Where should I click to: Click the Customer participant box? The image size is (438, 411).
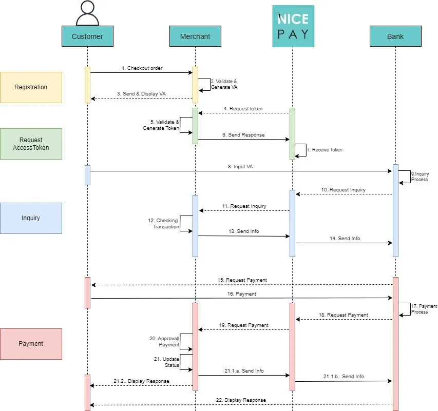click(x=87, y=36)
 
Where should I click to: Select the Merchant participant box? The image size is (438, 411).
click(x=195, y=36)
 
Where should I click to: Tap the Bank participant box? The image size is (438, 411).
click(x=395, y=36)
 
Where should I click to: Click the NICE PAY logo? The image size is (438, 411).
click(x=293, y=26)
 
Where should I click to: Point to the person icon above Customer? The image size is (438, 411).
click(x=87, y=13)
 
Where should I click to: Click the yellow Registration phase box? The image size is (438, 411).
click(x=31, y=87)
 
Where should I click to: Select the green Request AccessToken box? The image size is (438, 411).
click(x=31, y=144)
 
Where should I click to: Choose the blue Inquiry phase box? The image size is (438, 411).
click(x=31, y=218)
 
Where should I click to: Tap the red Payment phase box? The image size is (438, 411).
click(x=31, y=344)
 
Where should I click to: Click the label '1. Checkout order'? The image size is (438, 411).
click(x=142, y=68)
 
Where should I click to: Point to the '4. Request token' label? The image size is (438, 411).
click(x=243, y=109)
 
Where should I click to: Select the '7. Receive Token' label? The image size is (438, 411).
click(x=324, y=150)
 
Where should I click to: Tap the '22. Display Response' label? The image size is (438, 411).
click(x=241, y=400)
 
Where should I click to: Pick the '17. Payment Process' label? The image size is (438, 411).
click(x=424, y=309)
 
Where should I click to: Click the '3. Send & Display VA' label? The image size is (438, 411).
click(x=141, y=94)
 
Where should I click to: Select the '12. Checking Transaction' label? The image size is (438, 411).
click(x=165, y=224)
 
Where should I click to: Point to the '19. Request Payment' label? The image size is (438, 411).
click(x=244, y=325)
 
